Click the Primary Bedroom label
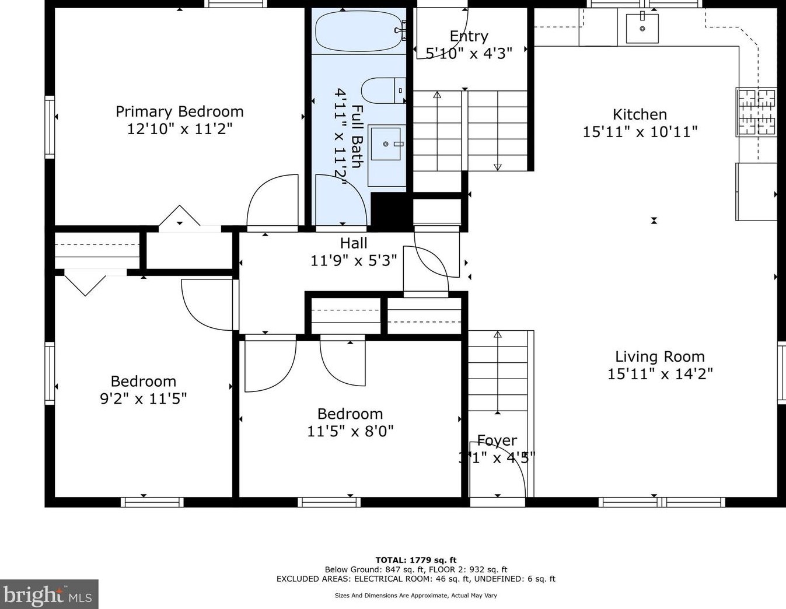pos(179,111)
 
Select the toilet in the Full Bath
pos(383,90)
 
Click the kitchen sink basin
pos(642,28)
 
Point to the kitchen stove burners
pos(756,112)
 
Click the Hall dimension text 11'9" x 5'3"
pos(354,260)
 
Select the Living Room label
pos(660,357)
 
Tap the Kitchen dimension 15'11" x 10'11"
pos(640,132)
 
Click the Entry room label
pos(469,36)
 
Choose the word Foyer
pos(497,440)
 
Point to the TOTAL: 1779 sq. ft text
pos(416,560)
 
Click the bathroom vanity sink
pos(386,144)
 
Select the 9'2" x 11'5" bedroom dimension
pos(143,399)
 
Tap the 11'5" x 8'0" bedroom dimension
pos(350,431)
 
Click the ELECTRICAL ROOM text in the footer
pos(392,579)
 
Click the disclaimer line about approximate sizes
pos(416,595)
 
